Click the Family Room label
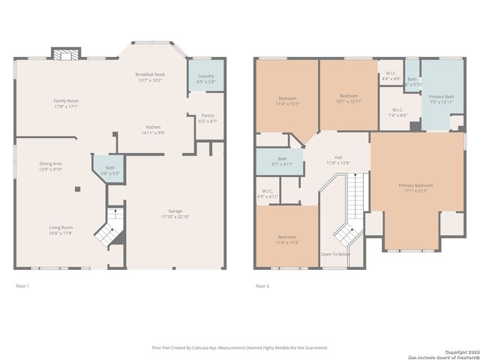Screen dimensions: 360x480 pyautogui.click(x=66, y=100)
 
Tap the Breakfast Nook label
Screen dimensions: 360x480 pyautogui.click(x=150, y=75)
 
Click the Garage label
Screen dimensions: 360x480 pyautogui.click(x=175, y=211)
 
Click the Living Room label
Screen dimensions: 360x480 pyautogui.click(x=61, y=227)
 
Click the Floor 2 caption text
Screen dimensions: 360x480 pyautogui.click(x=262, y=286)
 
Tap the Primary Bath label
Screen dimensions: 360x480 pyautogui.click(x=441, y=97)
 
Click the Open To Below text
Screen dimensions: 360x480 pyautogui.click(x=334, y=254)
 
